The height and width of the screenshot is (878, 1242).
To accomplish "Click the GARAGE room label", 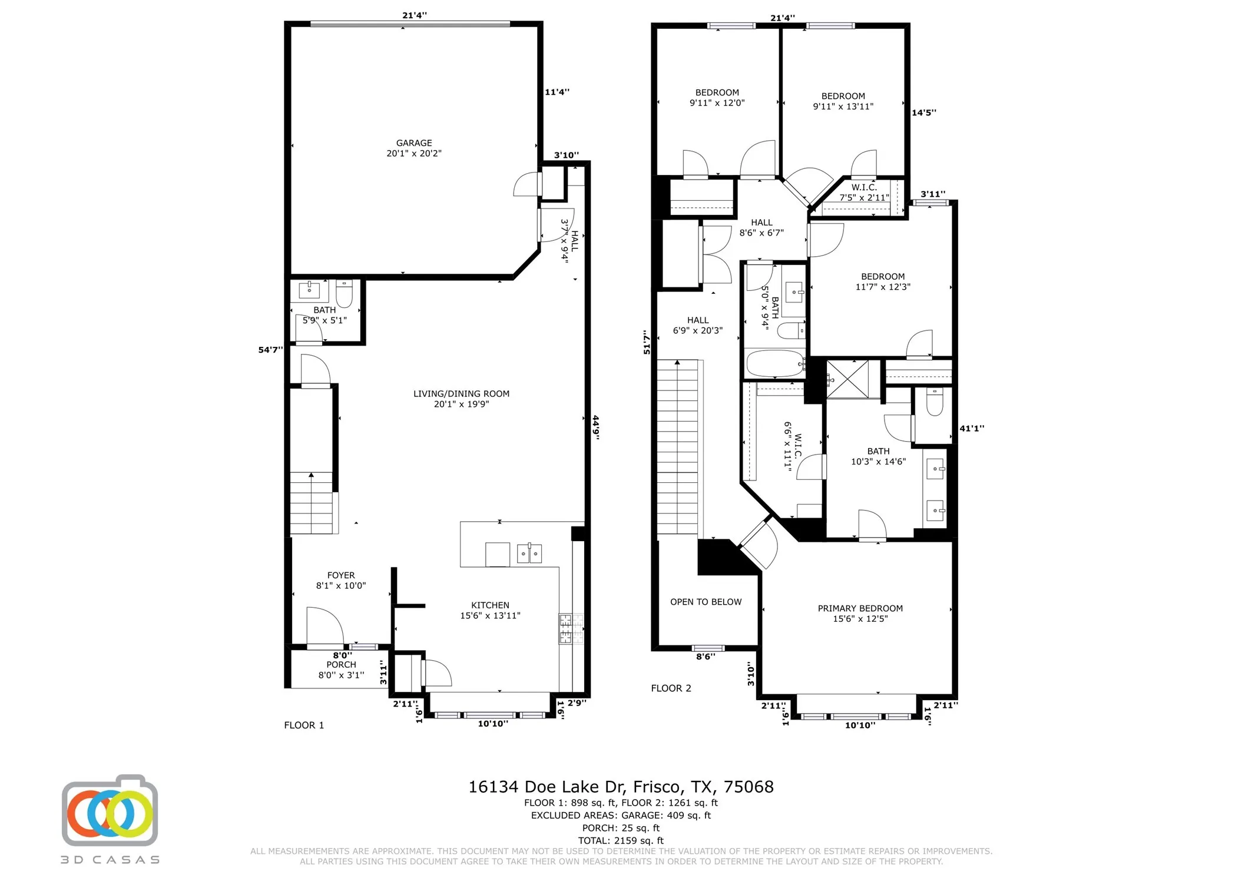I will (x=413, y=148).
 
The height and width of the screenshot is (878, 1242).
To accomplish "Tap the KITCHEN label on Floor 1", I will (x=490, y=610).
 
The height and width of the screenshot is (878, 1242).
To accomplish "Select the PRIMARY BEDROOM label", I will (x=860, y=613).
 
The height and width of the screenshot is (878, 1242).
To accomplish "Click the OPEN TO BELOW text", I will (x=706, y=602).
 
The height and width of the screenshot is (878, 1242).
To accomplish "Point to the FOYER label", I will (x=341, y=580).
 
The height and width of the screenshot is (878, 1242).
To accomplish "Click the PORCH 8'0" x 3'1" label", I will (x=341, y=670).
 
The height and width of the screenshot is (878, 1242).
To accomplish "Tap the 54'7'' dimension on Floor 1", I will (x=270, y=350).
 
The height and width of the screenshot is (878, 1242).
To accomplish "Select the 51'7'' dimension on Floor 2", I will (x=647, y=342).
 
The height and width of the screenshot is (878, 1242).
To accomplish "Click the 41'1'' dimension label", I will (x=972, y=429).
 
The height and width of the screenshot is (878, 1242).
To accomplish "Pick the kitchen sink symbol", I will (x=529, y=554).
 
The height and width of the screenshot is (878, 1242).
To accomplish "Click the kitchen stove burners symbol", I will (x=566, y=628).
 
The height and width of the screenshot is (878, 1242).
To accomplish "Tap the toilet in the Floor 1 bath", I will (x=344, y=293).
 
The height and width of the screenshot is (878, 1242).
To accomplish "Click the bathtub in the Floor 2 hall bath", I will (x=774, y=363).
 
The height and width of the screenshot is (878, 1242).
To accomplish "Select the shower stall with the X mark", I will (x=847, y=379).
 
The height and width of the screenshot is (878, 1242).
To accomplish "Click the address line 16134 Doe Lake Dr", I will (x=620, y=787).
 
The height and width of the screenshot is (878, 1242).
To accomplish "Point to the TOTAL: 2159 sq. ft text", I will (x=620, y=840).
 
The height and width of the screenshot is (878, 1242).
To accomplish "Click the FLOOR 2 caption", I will (x=671, y=688).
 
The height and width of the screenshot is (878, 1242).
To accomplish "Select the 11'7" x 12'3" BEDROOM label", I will (x=882, y=281).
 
